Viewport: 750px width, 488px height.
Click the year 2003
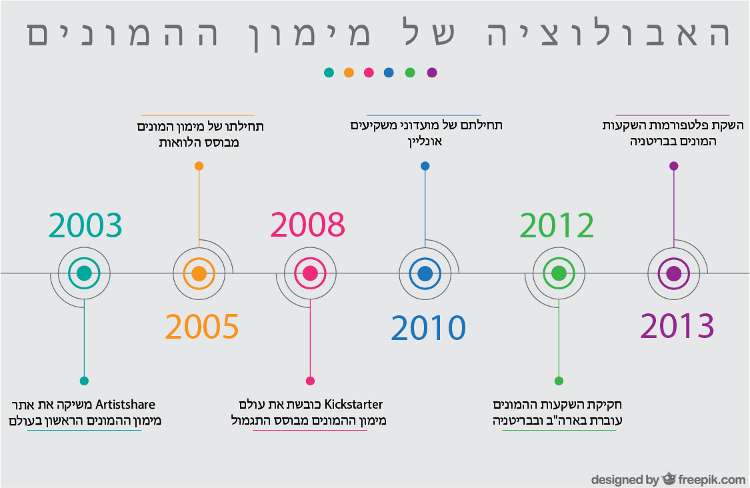tap(85, 225)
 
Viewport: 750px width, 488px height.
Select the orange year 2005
tap(202, 327)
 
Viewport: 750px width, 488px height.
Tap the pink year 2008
tap(307, 225)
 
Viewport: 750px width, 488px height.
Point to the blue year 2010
tap(428, 328)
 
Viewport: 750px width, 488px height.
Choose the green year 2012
tap(557, 225)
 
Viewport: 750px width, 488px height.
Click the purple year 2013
tap(677, 326)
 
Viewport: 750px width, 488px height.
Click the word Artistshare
tap(125, 405)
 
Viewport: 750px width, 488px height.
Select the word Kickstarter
tap(353, 405)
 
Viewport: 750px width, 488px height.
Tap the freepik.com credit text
tap(712, 479)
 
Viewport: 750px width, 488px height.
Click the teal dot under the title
tap(329, 73)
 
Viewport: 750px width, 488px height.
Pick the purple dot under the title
tap(432, 73)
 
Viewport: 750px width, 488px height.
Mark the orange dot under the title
tap(349, 73)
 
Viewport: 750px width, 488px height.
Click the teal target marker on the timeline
tap(84, 273)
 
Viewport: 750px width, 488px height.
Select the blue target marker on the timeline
tap(425, 273)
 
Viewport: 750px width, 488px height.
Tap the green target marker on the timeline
tap(559, 273)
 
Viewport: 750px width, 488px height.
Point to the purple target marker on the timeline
tap(673, 273)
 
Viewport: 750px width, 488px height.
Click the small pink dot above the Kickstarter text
tap(310, 381)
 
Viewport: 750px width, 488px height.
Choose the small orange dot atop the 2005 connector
tap(199, 166)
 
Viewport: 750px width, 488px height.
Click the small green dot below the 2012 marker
tap(559, 381)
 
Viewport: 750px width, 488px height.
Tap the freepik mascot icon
tap(669, 478)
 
